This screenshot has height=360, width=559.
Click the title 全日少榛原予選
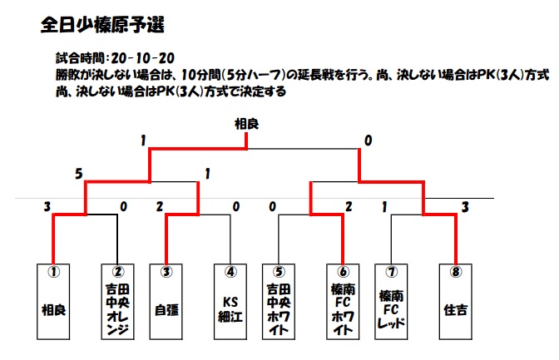pyautogui.click(x=102, y=25)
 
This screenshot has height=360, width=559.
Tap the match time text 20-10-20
pyautogui.click(x=142, y=58)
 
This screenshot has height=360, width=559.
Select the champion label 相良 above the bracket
pyautogui.click(x=246, y=124)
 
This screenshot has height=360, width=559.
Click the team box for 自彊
pyautogui.click(x=166, y=302)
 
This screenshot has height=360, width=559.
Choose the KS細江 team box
pyautogui.click(x=230, y=302)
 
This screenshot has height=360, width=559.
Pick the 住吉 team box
pyautogui.click(x=456, y=302)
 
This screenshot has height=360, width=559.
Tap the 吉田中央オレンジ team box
pyautogui.click(x=117, y=302)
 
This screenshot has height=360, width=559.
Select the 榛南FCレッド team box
pyautogui.click(x=391, y=302)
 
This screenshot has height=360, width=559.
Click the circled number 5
pyautogui.click(x=279, y=272)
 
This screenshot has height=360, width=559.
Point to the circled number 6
pyautogui.click(x=343, y=272)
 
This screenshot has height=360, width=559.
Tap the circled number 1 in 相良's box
pyautogui.click(x=53, y=272)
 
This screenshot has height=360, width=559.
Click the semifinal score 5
pyautogui.click(x=79, y=174)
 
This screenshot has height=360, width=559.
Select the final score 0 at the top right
pyautogui.click(x=368, y=141)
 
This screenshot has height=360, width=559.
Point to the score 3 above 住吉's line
pyautogui.click(x=465, y=207)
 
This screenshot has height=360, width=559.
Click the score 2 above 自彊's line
pyautogui.click(x=160, y=207)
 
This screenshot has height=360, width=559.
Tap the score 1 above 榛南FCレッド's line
pyautogui.click(x=384, y=207)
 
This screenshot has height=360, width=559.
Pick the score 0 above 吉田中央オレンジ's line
pyautogui.click(x=123, y=207)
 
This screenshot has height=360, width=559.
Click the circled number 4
pyautogui.click(x=230, y=272)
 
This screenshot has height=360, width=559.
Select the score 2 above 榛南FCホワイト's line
pyautogui.click(x=349, y=207)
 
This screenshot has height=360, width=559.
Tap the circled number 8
pyautogui.click(x=456, y=272)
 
